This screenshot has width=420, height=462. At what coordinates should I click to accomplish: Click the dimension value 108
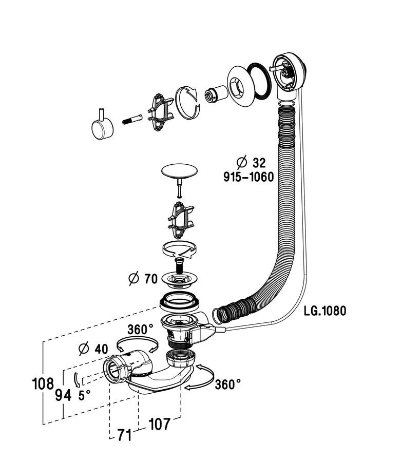pos(42,383)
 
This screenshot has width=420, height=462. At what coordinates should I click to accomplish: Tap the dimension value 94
pos(63,395)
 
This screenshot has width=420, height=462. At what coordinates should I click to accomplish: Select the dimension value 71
pos(124,436)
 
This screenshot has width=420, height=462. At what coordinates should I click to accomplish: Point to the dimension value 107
pos(159,424)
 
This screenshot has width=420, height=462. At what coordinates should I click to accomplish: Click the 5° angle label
pos(84,395)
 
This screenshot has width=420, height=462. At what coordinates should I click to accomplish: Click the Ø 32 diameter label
pos(251,163)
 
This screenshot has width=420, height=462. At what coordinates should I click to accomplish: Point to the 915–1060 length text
pos(248,177)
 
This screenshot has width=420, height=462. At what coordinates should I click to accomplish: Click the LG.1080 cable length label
pos(324,311)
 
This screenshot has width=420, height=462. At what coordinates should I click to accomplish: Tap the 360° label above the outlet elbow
pos(140,330)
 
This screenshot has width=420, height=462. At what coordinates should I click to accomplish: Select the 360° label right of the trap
pos(227,384)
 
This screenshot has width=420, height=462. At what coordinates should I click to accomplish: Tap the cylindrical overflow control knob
pos(103,126)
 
